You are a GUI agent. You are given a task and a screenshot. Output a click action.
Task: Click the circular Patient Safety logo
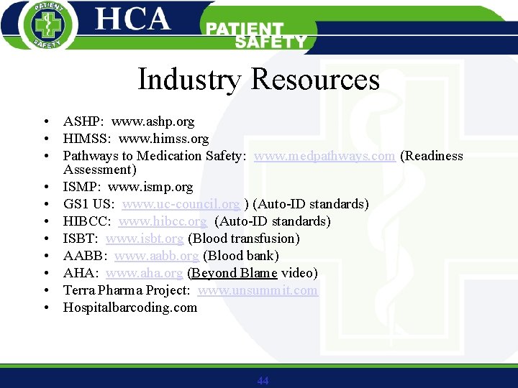(45, 25)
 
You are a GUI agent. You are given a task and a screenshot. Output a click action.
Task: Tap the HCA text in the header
(133, 19)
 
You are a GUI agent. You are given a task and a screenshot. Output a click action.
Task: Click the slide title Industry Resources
(258, 79)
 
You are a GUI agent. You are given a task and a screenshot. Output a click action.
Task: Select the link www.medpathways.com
(324, 156)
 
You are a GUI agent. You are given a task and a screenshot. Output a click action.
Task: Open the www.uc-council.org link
(181, 204)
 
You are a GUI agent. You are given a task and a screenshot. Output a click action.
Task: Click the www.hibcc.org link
(163, 221)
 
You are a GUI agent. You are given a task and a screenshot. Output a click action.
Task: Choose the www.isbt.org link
(145, 239)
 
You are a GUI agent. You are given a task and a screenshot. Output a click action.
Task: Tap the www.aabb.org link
(156, 256)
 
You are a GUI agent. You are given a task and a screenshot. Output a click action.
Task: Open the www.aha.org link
(144, 273)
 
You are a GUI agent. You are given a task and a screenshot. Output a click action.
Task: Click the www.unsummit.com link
(258, 290)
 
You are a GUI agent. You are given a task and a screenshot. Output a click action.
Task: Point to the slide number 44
(263, 381)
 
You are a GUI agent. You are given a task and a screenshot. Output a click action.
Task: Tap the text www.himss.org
(163, 139)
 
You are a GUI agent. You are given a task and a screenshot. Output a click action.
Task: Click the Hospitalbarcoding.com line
(129, 308)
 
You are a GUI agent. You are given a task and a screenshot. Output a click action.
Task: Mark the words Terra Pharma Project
(127, 290)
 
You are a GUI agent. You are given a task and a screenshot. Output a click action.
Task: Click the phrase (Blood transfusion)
(243, 239)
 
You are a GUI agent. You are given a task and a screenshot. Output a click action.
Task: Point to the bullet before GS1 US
(45, 205)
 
